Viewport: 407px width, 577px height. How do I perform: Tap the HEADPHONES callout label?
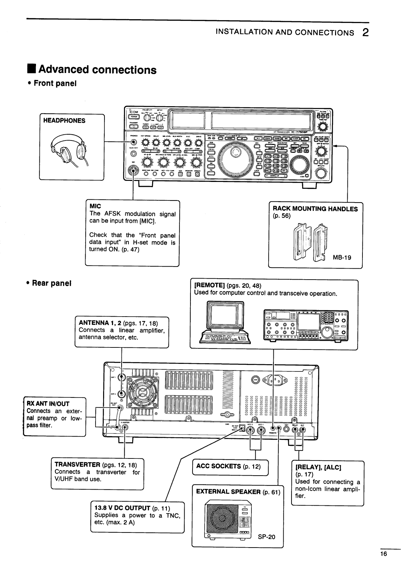click(x=64, y=121)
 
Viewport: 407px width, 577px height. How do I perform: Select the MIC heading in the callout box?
click(x=95, y=206)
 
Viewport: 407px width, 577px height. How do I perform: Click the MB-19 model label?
click(x=342, y=257)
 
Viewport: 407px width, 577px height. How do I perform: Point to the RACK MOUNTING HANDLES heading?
click(x=315, y=209)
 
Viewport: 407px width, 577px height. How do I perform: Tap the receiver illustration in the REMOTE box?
click(x=306, y=325)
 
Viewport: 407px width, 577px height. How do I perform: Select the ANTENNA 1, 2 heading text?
click(x=100, y=322)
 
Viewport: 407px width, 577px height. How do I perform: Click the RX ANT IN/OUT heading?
click(x=48, y=404)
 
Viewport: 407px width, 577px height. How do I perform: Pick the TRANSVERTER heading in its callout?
click(x=77, y=465)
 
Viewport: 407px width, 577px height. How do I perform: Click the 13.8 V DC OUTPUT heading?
click(x=122, y=508)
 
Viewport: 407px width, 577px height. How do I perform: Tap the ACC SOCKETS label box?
click(x=230, y=466)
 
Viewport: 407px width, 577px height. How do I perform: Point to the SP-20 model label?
click(x=266, y=537)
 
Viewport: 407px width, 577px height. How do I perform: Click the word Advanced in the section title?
click(x=64, y=70)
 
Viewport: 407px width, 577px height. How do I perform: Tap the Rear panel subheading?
click(x=51, y=283)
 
